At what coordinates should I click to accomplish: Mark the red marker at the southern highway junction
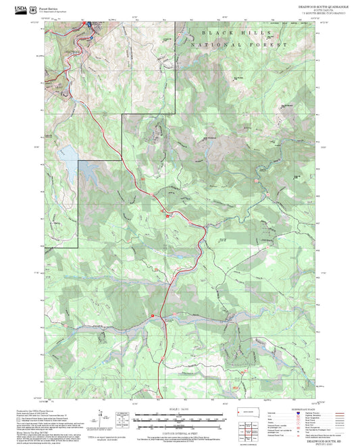(x=153, y=315)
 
